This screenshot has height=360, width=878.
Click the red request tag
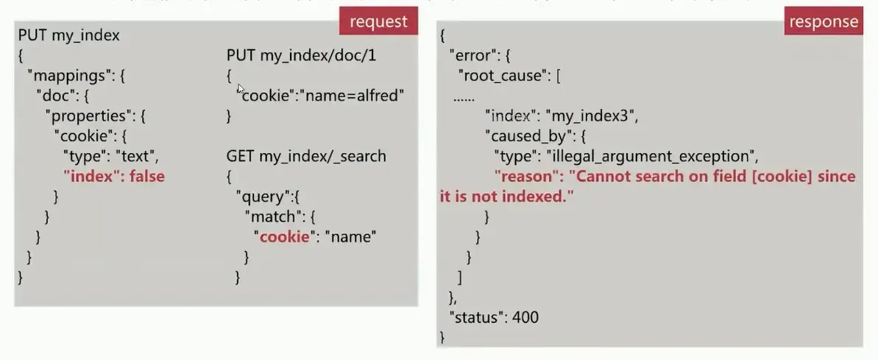(x=378, y=22)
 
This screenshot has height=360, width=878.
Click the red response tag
(x=823, y=22)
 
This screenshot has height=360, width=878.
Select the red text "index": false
(x=113, y=176)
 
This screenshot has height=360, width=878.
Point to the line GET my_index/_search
(x=306, y=156)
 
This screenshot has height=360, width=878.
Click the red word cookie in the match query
(x=283, y=236)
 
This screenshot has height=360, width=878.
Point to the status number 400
(x=525, y=317)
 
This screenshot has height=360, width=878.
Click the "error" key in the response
(x=472, y=55)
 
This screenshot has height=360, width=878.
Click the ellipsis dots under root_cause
(x=464, y=96)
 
